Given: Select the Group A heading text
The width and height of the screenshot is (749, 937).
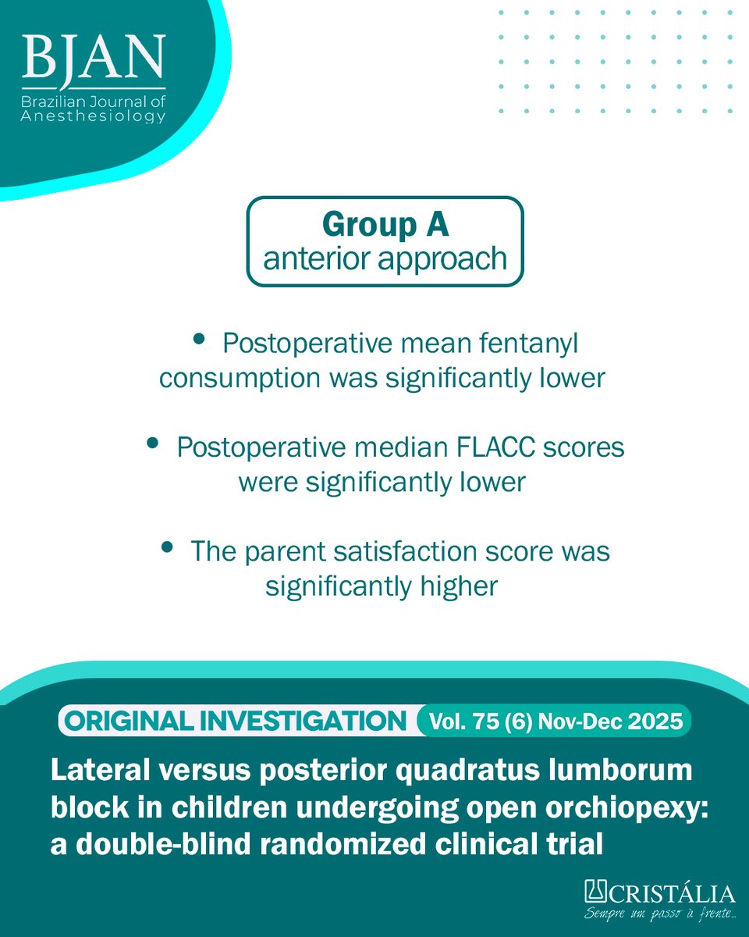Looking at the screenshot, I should (x=385, y=225).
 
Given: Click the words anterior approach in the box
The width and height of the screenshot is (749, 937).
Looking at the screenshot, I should (x=385, y=258).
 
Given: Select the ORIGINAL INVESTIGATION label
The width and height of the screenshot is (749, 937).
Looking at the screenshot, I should (x=236, y=721).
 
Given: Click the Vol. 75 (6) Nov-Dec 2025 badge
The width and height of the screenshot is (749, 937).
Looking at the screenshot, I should (x=555, y=721).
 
